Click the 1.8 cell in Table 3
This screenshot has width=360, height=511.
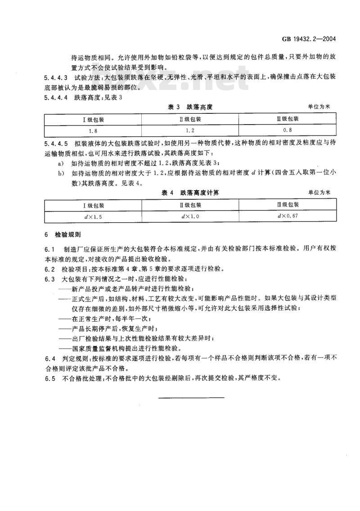pos(93,131)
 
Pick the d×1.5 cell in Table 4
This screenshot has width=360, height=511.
pos(93,216)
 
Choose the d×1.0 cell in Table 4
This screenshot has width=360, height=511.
pos(190,216)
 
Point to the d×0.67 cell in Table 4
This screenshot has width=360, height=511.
pos(288,216)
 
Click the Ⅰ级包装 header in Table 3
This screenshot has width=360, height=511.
pos(93,120)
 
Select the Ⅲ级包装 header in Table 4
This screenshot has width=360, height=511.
pos(288,205)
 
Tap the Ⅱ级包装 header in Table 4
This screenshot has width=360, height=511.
pos(190,205)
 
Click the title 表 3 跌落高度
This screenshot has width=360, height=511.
pos(189,108)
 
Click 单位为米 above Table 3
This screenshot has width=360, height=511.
pos(319,108)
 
